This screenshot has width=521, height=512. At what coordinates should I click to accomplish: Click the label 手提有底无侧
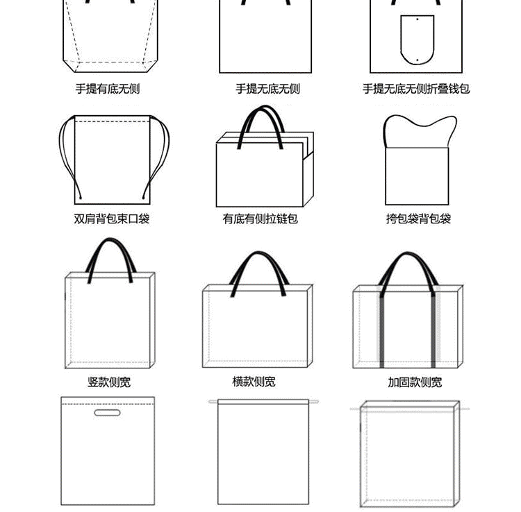tap(108, 89)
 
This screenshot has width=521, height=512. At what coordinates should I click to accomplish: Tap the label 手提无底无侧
tap(267, 89)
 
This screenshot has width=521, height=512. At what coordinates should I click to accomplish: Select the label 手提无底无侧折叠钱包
tap(416, 89)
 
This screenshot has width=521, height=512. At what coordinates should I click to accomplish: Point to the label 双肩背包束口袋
tap(112, 219)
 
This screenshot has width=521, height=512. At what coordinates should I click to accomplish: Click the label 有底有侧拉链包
tap(260, 219)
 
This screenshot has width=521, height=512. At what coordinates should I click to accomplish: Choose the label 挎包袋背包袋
tap(419, 219)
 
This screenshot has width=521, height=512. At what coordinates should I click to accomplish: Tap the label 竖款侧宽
tap(109, 382)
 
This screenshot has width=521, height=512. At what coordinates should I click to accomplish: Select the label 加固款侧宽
tap(415, 382)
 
